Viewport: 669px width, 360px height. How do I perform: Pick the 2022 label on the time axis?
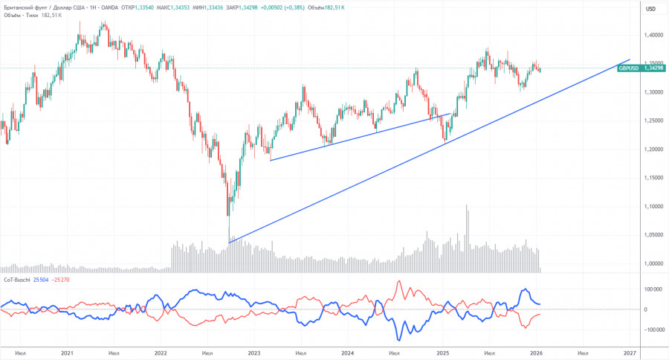click(161, 353)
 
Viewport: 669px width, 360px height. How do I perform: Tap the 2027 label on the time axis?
click(630, 353)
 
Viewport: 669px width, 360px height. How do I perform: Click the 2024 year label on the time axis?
click(349, 353)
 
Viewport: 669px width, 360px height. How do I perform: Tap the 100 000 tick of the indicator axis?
click(653, 289)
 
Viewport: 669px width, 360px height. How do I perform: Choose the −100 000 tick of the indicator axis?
click(652, 330)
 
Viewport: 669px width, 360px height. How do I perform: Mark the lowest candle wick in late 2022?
click(230, 240)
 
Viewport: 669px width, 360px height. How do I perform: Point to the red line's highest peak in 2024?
click(399, 282)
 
